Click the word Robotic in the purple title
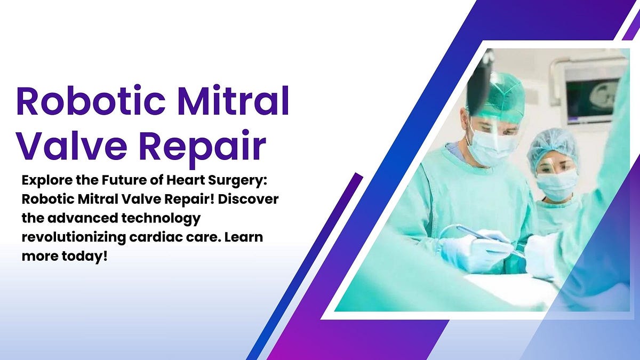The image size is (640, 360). pyautogui.click(x=91, y=100)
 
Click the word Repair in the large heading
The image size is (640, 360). pyautogui.click(x=203, y=149)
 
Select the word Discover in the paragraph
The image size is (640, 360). pyautogui.click(x=249, y=199)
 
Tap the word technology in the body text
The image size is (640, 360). pyautogui.click(x=161, y=219)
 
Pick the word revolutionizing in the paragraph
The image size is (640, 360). pyautogui.click(x=74, y=238)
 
